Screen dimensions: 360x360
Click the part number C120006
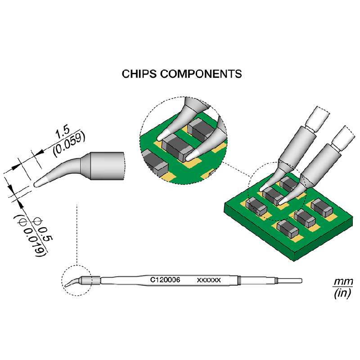(x=165, y=280)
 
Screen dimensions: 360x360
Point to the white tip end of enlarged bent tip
(x=39, y=183)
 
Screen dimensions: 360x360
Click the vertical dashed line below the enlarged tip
(x=77, y=234)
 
